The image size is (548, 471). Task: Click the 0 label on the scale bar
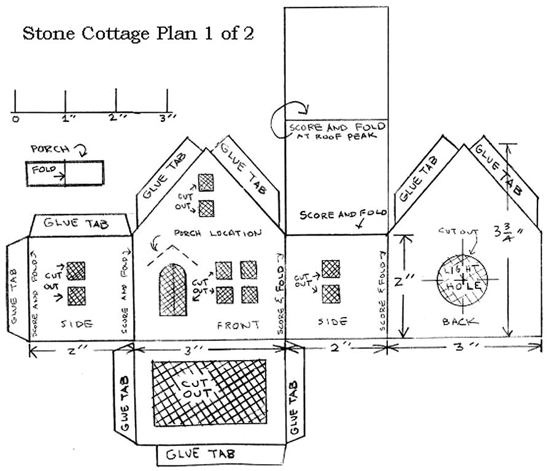[x=15, y=118]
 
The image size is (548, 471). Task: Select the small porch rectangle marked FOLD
[x=64, y=173]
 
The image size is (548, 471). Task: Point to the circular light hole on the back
[x=463, y=279]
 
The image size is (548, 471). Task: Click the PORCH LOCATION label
[x=218, y=234]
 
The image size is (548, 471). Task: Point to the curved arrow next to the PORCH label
[x=80, y=149]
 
